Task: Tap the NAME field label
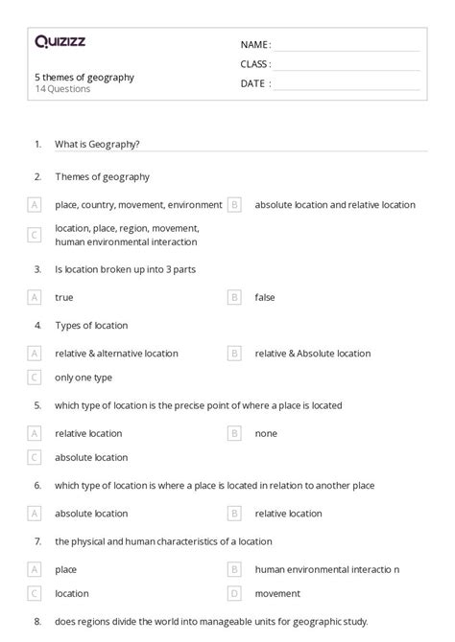[255, 45]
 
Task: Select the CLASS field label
[255, 64]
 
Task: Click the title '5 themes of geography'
[84, 77]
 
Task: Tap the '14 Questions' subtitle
[62, 89]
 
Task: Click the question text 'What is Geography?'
[97, 144]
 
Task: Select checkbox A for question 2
[35, 204]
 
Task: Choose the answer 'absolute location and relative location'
[335, 204]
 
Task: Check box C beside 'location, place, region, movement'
[35, 235]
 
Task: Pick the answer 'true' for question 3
[64, 297]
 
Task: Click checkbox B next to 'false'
[233, 297]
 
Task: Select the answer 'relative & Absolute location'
[312, 353]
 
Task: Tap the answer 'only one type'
[84, 378]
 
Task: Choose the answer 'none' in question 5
[266, 433]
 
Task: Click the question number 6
[37, 486]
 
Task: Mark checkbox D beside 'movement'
[233, 593]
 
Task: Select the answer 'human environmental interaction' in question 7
[327, 568]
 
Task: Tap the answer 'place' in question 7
[66, 568]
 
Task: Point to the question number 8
[37, 621]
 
